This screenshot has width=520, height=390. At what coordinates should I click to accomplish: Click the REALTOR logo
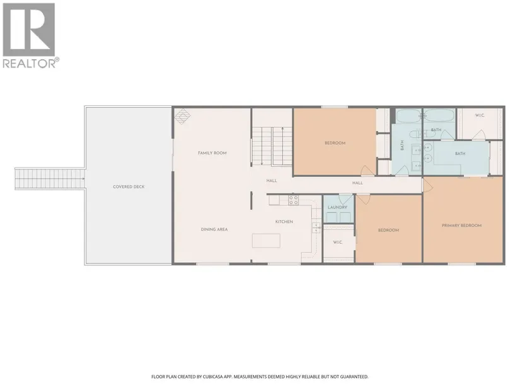point(31,35)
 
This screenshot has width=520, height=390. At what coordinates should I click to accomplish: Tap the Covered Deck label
point(129,186)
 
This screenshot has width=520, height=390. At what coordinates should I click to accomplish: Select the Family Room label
point(212,153)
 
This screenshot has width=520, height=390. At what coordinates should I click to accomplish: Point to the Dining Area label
point(214,229)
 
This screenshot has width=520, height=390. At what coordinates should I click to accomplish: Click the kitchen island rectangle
point(266,241)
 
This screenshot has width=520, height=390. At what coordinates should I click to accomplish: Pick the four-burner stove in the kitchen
point(294,200)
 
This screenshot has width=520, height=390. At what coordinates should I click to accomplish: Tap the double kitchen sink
point(316,228)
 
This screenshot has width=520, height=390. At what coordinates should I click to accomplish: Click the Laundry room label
point(338,207)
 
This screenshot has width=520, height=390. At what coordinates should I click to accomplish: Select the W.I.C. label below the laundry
point(338,243)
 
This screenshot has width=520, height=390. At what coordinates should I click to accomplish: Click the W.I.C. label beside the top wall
point(480,115)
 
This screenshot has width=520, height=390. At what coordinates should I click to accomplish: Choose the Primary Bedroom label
point(461,226)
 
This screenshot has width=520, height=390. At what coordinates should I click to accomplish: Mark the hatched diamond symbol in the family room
point(183,117)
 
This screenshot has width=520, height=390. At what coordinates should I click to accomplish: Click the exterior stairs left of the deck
point(50,179)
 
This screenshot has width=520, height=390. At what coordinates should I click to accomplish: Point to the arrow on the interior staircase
point(282,146)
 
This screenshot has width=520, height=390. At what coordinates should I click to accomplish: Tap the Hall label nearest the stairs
point(272,181)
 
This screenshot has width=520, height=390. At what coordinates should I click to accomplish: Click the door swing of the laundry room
point(345,199)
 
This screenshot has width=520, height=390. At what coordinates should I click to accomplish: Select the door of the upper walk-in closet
point(479,135)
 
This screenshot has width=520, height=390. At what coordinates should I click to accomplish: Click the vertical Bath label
point(402,146)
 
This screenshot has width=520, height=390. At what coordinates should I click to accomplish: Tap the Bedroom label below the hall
point(389,230)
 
